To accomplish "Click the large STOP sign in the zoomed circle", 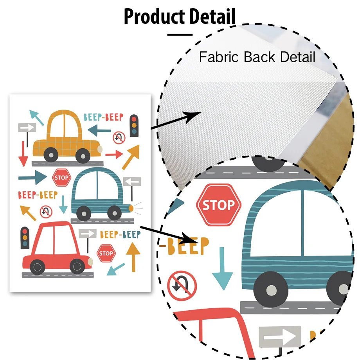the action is [x=218, y=205].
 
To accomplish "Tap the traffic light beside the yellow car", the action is [x=134, y=125].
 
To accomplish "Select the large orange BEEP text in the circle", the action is [x=187, y=247].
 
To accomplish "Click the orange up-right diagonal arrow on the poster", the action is [x=131, y=157].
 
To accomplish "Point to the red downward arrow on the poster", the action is [x=23, y=154].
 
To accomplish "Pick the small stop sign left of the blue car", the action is [x=61, y=177].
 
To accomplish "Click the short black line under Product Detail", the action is [x=180, y=35].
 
